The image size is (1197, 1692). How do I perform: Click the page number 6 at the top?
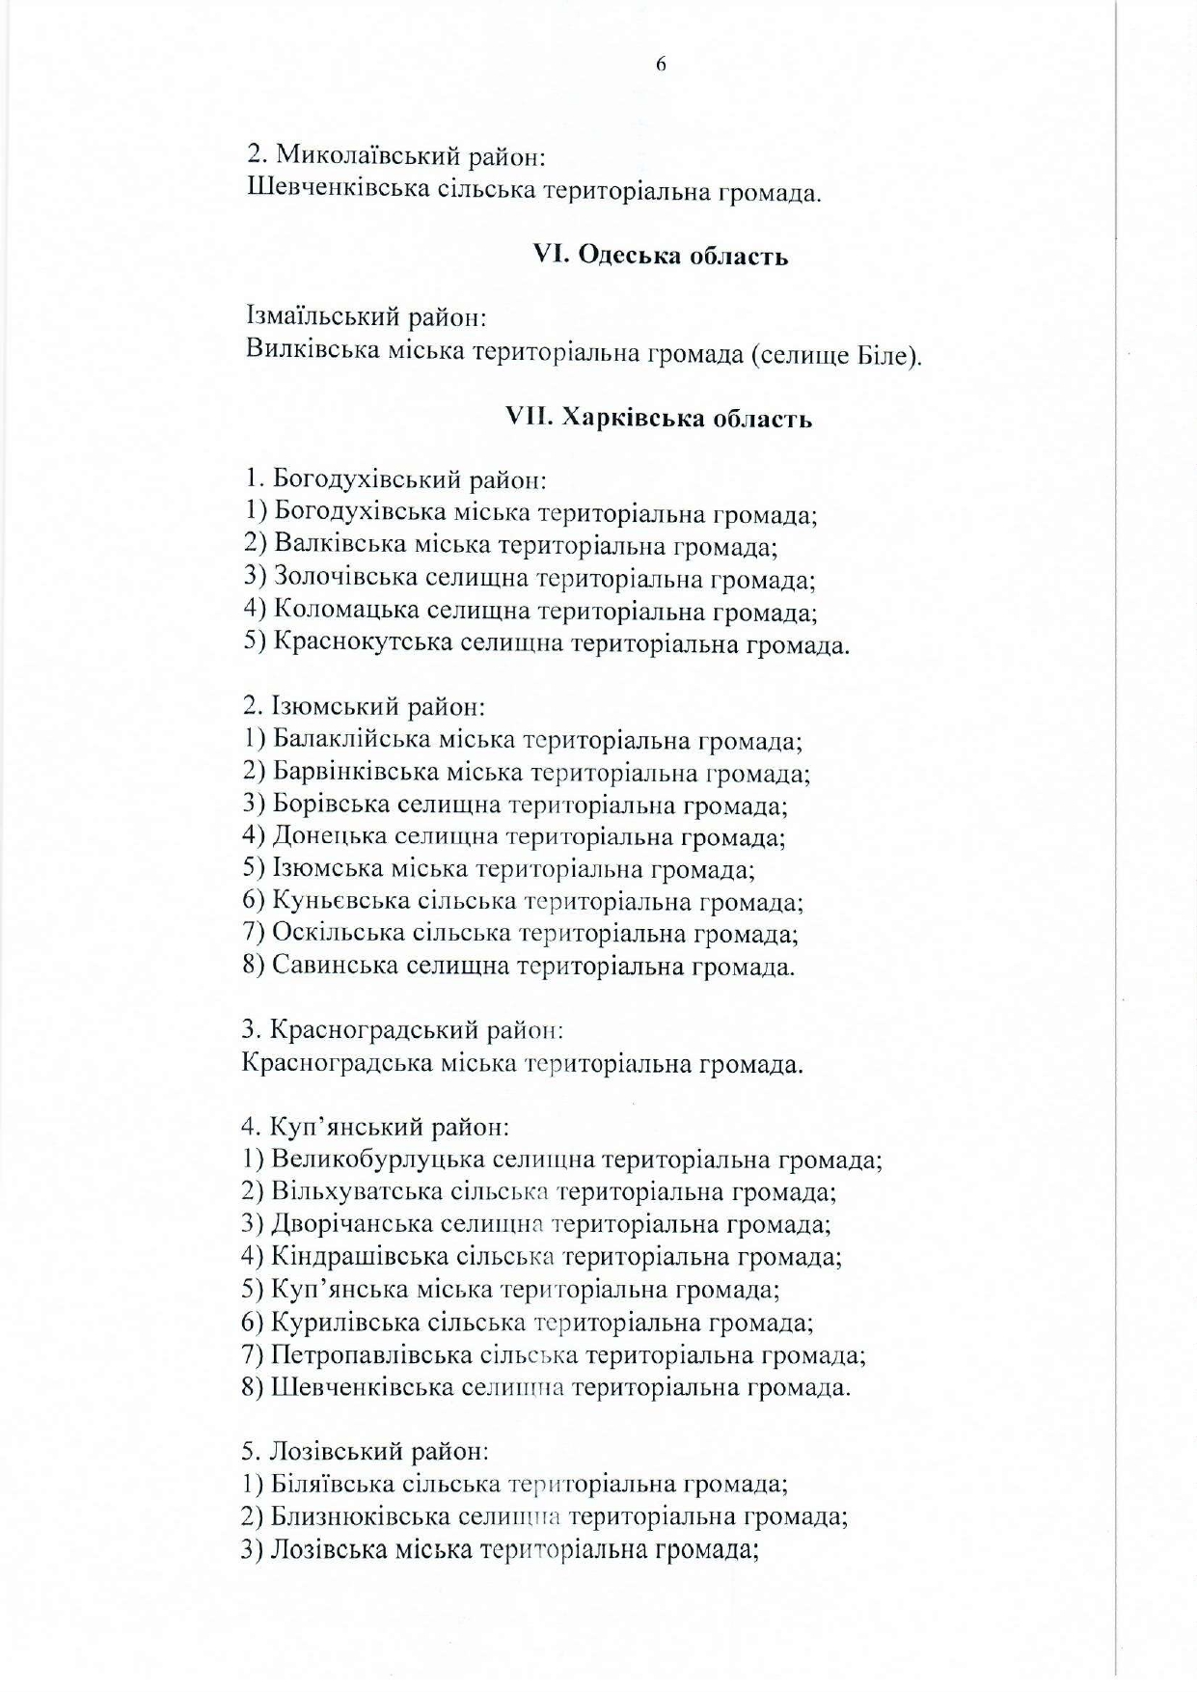(x=661, y=65)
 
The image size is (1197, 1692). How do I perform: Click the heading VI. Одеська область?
(x=661, y=257)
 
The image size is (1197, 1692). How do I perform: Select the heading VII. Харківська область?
(x=659, y=419)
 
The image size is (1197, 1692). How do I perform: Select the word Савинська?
(x=334, y=965)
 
